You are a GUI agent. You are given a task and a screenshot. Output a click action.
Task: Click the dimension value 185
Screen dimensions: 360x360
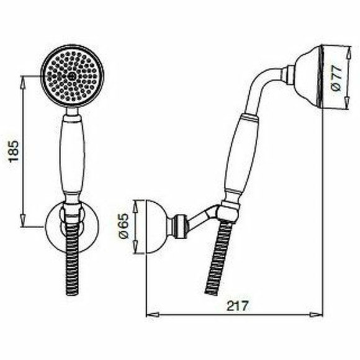14,151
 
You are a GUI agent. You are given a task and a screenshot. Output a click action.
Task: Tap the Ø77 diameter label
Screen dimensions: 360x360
337,78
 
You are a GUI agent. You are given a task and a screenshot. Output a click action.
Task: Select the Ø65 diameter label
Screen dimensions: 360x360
125,226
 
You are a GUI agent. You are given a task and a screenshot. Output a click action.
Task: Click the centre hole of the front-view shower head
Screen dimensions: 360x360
72,76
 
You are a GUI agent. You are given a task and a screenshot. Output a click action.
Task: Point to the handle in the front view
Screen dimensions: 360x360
73,156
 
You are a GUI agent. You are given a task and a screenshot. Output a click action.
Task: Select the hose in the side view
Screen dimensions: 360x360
218,257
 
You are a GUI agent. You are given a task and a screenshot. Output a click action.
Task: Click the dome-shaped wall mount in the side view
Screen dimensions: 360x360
157,227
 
